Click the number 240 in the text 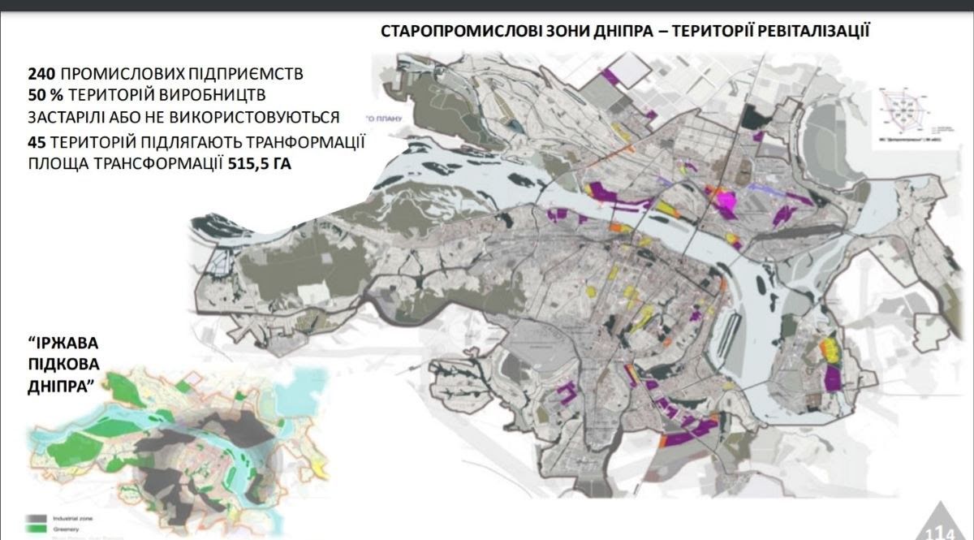coord(42,74)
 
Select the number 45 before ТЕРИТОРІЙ coord(37,142)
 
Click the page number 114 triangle coord(948,525)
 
